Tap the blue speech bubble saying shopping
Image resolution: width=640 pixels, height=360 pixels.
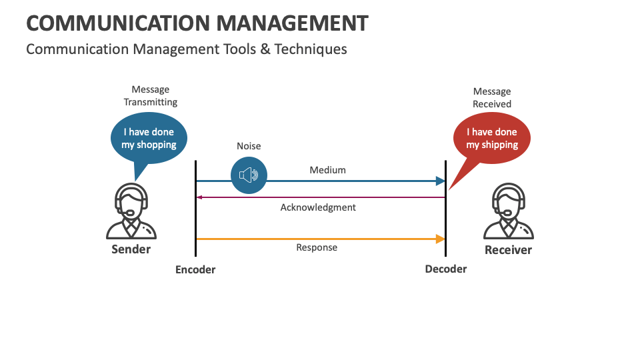[x=149, y=139]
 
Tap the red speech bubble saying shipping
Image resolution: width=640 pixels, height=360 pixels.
[x=492, y=139]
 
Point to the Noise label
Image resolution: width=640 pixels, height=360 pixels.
[x=249, y=146]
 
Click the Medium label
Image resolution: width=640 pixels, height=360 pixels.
[x=327, y=170]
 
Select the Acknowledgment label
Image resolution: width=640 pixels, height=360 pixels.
[x=318, y=207]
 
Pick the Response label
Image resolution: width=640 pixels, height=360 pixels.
[x=317, y=247]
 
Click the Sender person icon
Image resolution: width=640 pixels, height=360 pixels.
[x=131, y=211]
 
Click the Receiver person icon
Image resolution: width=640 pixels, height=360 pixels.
[x=508, y=211]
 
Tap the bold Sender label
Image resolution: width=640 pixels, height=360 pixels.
[x=131, y=249]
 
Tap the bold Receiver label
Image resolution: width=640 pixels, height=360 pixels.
[x=508, y=250]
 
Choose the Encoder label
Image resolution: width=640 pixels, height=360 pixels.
[x=195, y=270]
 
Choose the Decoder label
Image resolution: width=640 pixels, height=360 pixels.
[x=446, y=269]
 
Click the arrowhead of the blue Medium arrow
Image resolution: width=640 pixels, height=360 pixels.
[x=440, y=181]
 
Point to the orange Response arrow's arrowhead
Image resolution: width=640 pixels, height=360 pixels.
[x=440, y=239]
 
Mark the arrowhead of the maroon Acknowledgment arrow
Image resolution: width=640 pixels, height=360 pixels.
[x=199, y=197]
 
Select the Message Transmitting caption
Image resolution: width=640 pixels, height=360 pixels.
[x=151, y=95]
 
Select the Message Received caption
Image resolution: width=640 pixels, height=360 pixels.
[x=492, y=97]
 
